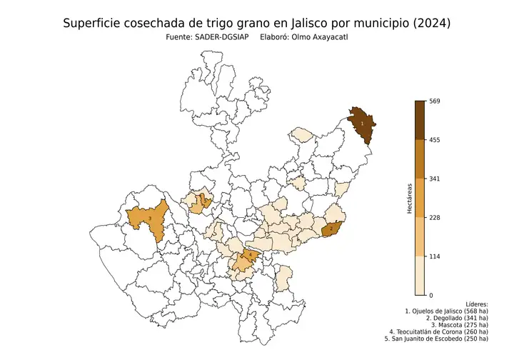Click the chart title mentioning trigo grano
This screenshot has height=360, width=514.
pyautogui.click(x=256, y=24)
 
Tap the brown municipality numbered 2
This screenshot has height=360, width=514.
pyautogui.click(x=331, y=229)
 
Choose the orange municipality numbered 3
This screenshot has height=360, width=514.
pyautogui.click(x=150, y=219)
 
